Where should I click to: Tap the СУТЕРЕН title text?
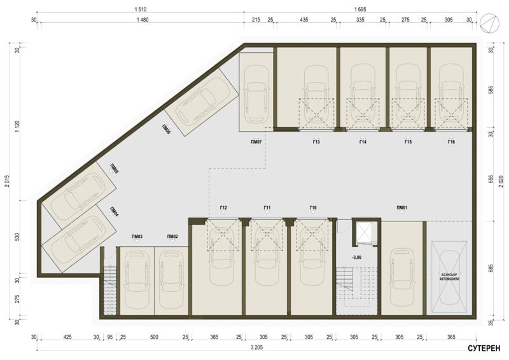[x=484, y=349]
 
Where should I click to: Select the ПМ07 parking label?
[x=256, y=142]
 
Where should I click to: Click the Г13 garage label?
[x=316, y=142]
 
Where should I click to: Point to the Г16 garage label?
[x=451, y=142]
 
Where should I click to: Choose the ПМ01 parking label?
[x=402, y=208]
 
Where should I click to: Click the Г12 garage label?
[x=223, y=208]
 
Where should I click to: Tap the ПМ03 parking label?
[x=137, y=237]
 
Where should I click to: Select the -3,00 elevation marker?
[x=356, y=258]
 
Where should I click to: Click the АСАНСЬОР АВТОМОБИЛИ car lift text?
[x=449, y=277]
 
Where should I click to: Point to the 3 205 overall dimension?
[x=256, y=347]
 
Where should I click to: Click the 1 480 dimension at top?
[x=142, y=20]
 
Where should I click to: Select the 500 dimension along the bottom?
[x=154, y=337]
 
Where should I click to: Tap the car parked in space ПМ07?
[x=256, y=93]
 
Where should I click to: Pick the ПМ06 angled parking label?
[x=166, y=129]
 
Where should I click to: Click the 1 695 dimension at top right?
[x=360, y=10]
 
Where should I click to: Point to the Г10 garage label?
[x=313, y=208]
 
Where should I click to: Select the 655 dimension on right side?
[x=491, y=179]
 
